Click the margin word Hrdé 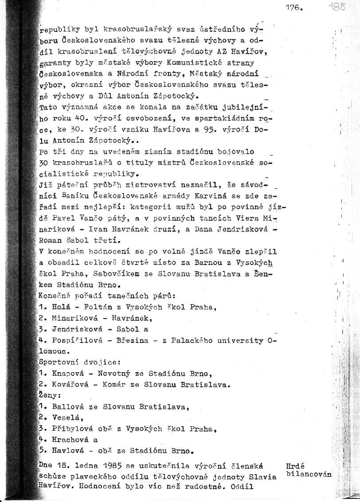tap(295, 466)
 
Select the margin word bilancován tap(309, 474)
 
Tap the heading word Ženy tap(50, 394)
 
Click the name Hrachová tap(69, 440)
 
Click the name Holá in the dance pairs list tap(62, 306)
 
